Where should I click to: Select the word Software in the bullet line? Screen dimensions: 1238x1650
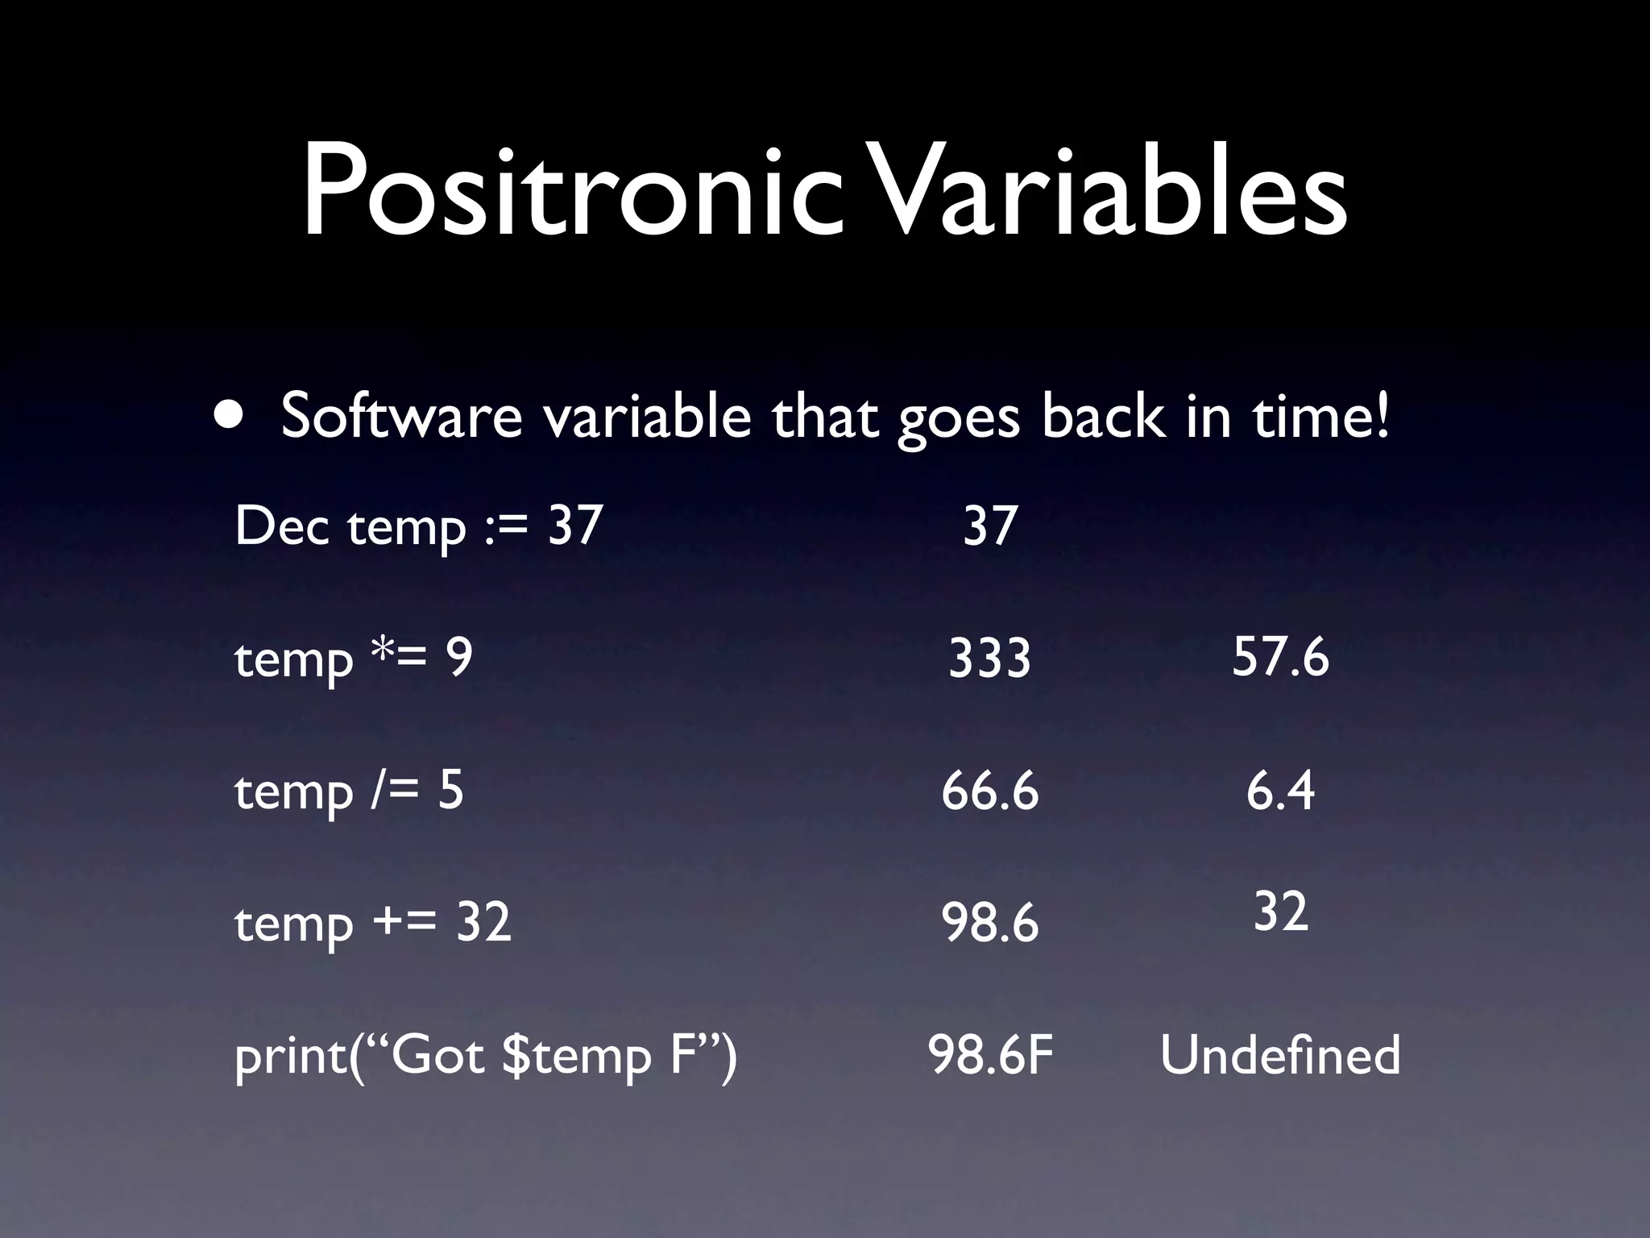coord(401,416)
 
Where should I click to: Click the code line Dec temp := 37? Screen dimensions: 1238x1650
coord(418,526)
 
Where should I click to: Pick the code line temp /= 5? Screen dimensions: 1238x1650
coord(348,791)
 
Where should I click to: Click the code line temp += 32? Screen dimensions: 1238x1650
coord(372,922)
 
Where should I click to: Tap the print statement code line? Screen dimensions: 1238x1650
coord(485,1055)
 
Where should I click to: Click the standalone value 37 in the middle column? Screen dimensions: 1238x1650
coord(989,526)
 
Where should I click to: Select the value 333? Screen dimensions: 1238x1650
coord(989,658)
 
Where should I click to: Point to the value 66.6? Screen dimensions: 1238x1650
coord(989,791)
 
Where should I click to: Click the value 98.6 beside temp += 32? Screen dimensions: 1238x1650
coord(989,922)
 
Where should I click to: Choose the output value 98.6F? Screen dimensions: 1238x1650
coord(990,1055)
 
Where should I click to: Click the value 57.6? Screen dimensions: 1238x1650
coord(1279,656)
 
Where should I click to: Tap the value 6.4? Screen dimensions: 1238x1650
coord(1279,791)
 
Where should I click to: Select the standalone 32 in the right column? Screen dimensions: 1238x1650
coord(1279,912)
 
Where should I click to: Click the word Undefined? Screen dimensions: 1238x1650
coord(1279,1055)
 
